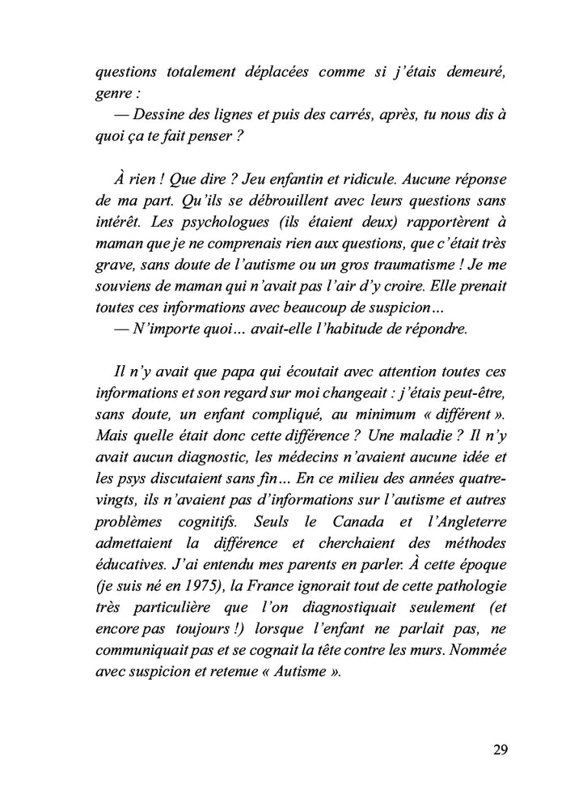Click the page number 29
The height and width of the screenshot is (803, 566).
tap(499, 748)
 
